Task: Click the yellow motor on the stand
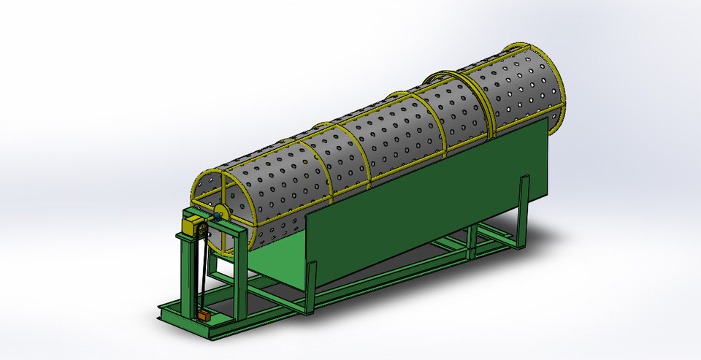click(192, 223)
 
